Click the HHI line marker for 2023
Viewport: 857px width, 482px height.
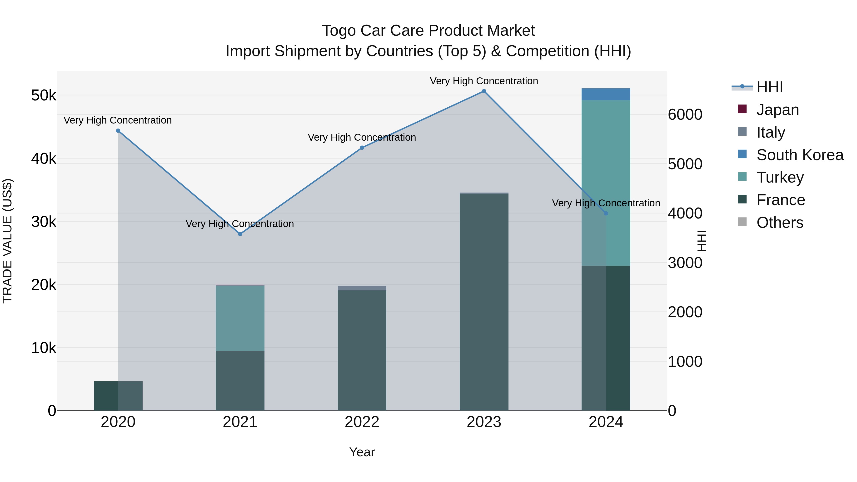click(x=484, y=91)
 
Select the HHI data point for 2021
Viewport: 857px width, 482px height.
click(x=240, y=234)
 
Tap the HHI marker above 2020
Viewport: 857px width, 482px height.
click(x=118, y=131)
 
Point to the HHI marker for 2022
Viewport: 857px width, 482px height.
click(x=362, y=148)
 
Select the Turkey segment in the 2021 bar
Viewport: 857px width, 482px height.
click(x=240, y=318)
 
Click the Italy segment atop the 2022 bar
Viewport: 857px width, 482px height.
click(x=362, y=288)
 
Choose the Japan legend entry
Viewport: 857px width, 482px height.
click(x=777, y=110)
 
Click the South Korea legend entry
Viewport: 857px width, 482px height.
click(x=800, y=155)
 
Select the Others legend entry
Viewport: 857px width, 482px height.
click(x=779, y=223)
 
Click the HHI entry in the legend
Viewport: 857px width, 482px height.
click(x=769, y=87)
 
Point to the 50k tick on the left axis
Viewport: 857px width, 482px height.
click(x=44, y=96)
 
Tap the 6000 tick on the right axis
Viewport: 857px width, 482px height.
click(x=685, y=115)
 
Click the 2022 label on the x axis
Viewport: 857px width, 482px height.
click(x=362, y=422)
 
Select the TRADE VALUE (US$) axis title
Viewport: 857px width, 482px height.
click(x=8, y=241)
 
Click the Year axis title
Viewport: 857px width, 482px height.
click(x=362, y=452)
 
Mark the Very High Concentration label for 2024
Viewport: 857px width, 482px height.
click(x=606, y=203)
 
